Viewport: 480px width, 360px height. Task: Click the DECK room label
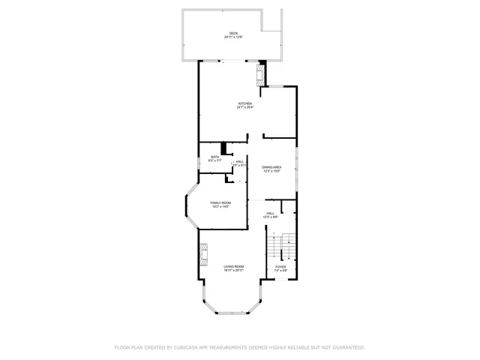(233, 33)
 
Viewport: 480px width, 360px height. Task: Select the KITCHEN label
(245, 103)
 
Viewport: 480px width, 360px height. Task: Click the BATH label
(214, 157)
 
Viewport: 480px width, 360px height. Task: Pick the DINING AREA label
(271, 166)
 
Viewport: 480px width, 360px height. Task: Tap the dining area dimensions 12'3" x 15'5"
(271, 171)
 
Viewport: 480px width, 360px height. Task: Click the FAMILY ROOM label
(220, 203)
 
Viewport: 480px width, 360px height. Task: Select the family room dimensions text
(220, 208)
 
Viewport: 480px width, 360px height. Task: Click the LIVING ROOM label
(234, 267)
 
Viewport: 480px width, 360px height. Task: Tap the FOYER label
(280, 266)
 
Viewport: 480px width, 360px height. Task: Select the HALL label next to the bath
(240, 161)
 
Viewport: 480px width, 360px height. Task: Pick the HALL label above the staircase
(271, 213)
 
